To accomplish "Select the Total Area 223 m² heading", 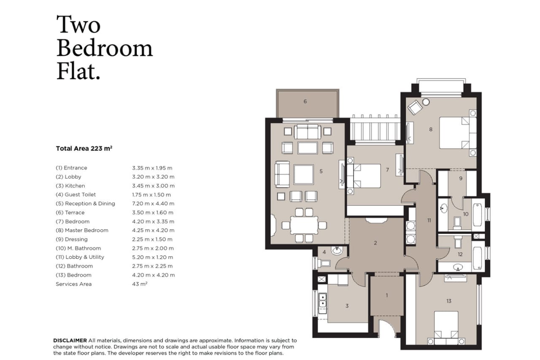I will pyautogui.click(x=84, y=149).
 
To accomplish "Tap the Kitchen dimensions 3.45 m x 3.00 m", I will pyautogui.click(x=153, y=186).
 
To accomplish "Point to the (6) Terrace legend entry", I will pyautogui.click(x=70, y=213).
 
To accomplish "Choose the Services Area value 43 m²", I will pyautogui.click(x=140, y=284).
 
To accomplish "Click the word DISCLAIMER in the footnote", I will pyautogui.click(x=70, y=340).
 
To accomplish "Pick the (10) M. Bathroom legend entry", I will pyautogui.click(x=78, y=248).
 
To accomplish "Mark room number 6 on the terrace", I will pyautogui.click(x=305, y=101).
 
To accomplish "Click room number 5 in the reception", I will pyautogui.click(x=321, y=171).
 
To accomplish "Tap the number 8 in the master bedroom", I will pyautogui.click(x=431, y=129).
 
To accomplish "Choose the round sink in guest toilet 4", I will pyautogui.click(x=337, y=252).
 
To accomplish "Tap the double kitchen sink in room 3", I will pyautogui.click(x=323, y=300).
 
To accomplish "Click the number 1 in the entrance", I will pyautogui.click(x=386, y=295).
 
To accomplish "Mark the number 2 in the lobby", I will pyautogui.click(x=375, y=243).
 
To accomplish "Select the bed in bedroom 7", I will pyautogui.click(x=367, y=176).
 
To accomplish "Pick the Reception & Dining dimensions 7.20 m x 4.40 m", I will pyautogui.click(x=153, y=203).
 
